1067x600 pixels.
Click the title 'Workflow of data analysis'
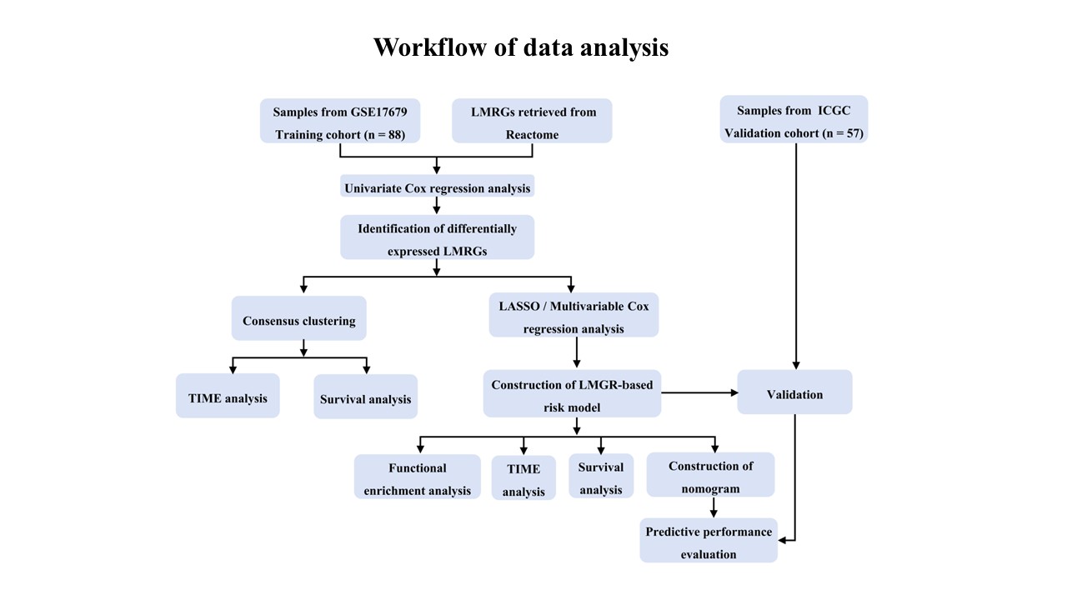coord(521,47)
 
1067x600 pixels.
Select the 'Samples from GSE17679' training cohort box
coord(340,121)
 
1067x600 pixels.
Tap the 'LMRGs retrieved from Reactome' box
coord(532,121)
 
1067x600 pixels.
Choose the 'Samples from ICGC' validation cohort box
coord(794,119)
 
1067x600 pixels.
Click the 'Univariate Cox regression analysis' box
coord(438,186)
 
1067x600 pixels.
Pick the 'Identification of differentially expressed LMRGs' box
coord(438,237)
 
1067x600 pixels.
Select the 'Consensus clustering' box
coord(299,318)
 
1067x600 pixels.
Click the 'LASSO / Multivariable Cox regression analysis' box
coord(574,315)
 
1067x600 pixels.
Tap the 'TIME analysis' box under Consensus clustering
coord(228,396)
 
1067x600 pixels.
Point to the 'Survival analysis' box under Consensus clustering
coord(366,397)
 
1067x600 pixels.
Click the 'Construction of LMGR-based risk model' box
coord(572,393)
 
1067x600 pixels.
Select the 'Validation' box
coord(794,392)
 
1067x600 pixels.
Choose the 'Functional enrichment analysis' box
coord(418,477)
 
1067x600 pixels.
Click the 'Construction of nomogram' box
coord(710,475)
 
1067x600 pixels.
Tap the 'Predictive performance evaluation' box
coord(709,541)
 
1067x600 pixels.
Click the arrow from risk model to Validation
coord(699,392)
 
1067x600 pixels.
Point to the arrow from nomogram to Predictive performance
coord(714,507)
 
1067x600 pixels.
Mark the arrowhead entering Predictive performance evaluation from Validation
coord(782,541)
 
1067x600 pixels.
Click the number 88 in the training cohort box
coord(395,135)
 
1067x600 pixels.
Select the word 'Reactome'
coord(532,135)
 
